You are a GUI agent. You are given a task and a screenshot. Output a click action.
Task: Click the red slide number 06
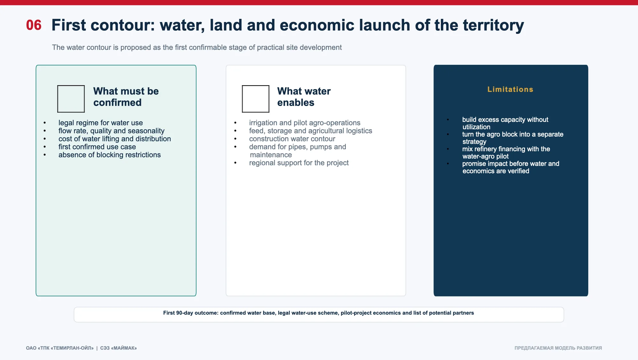[x=34, y=25]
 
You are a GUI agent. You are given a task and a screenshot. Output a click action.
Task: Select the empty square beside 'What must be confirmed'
[x=71, y=99]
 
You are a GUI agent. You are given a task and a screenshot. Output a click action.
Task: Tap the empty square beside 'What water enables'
[x=256, y=99]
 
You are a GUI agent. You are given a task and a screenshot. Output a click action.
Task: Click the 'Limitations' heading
[x=510, y=89]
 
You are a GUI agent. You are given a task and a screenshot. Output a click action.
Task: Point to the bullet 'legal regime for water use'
[x=100, y=123]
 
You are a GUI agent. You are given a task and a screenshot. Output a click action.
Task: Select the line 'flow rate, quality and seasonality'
[x=111, y=131]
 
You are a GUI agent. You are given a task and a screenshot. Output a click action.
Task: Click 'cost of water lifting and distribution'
[x=115, y=139]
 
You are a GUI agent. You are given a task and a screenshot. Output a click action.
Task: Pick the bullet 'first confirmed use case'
[x=97, y=147]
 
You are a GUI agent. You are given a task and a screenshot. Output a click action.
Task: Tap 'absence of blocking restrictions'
[x=109, y=155]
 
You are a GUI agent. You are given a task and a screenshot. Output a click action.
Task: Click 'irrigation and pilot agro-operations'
[x=305, y=123]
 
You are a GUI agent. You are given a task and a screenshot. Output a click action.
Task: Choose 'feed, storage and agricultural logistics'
[x=310, y=131]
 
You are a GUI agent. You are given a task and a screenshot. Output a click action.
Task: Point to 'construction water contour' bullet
[x=292, y=139]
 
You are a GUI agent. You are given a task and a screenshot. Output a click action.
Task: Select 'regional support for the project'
[x=299, y=163]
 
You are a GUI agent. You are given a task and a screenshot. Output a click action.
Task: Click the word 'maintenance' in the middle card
[x=271, y=155]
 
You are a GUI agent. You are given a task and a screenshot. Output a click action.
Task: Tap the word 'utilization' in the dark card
[x=476, y=127]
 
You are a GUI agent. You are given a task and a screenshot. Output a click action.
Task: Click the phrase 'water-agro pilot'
[x=486, y=156]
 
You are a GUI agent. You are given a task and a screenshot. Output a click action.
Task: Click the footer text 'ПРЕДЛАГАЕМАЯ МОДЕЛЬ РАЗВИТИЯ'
[x=558, y=348]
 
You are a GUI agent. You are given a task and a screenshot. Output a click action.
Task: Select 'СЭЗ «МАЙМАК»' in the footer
[x=118, y=348]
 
